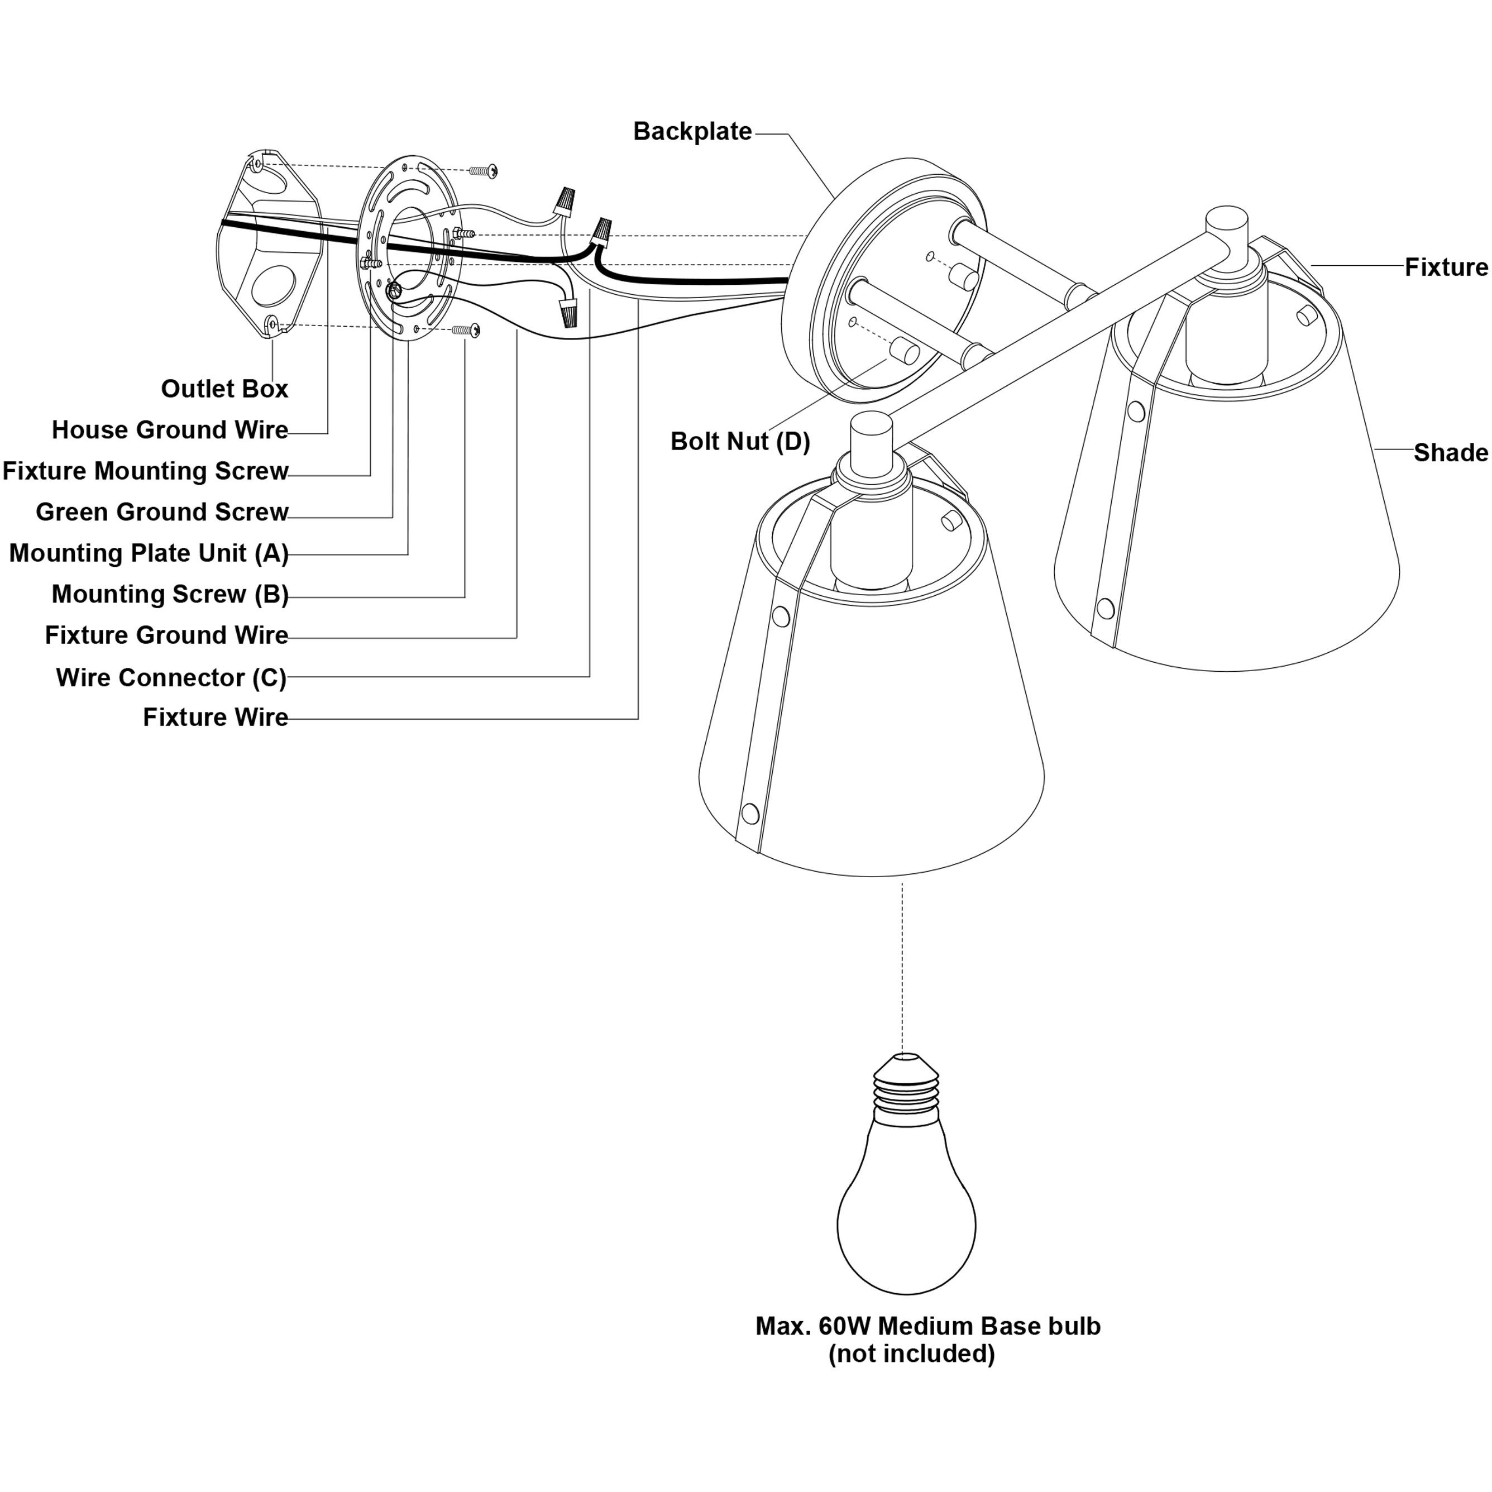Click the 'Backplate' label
(x=692, y=131)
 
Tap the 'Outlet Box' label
(x=224, y=389)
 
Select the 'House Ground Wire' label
(x=170, y=429)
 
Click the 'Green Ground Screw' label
(x=161, y=511)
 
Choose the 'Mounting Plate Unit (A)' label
(x=149, y=553)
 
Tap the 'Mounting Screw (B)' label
(x=170, y=594)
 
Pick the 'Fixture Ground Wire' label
(x=166, y=635)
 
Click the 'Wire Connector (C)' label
(x=171, y=677)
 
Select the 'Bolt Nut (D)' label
(x=740, y=441)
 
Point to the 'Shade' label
(x=1450, y=452)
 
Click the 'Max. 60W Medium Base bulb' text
(x=927, y=1326)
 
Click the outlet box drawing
(x=266, y=247)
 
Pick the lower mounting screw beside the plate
(x=466, y=331)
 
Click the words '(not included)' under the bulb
(x=911, y=1354)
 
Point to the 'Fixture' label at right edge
(x=1446, y=267)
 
